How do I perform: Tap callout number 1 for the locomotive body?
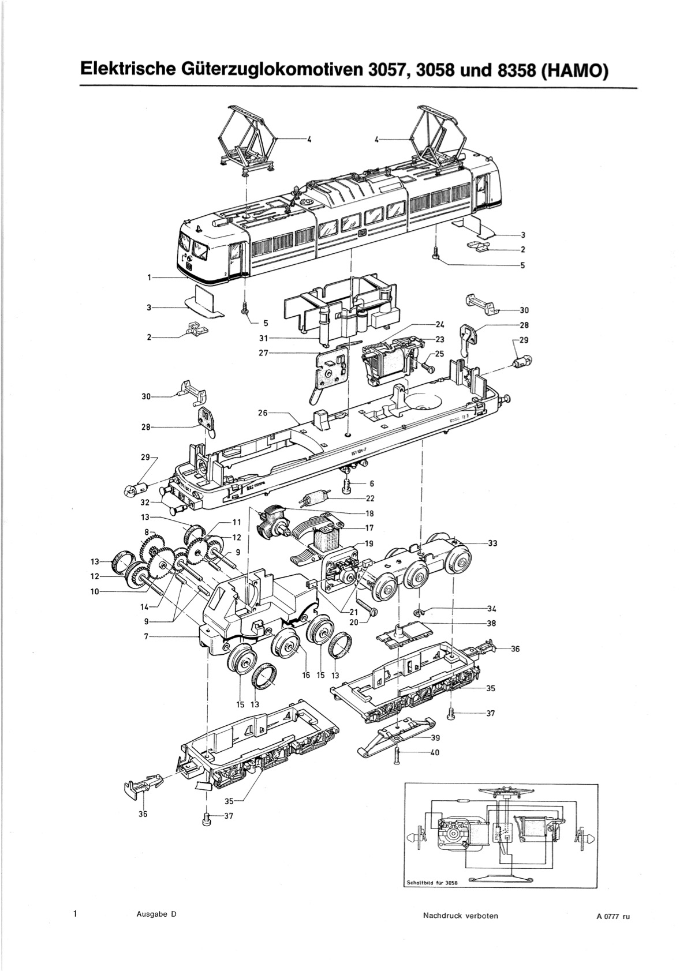coord(149,278)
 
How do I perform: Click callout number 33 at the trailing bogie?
coord(492,543)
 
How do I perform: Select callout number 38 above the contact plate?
coord(491,623)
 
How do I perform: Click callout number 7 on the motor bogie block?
coord(147,636)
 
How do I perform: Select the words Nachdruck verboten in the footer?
coord(460,916)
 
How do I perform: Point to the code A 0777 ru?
coord(610,916)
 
